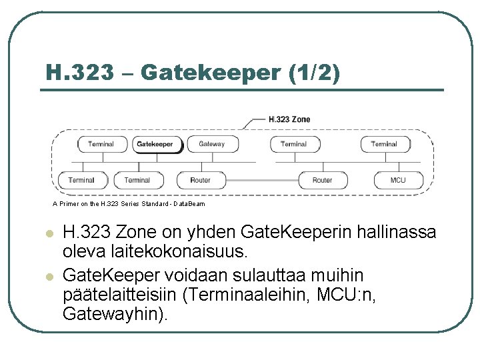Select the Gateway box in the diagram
click(211, 144)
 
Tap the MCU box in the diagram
click(398, 180)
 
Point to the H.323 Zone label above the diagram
click(289, 119)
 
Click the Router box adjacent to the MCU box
click(322, 180)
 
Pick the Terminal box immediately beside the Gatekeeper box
click(101, 144)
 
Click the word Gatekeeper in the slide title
click(212, 72)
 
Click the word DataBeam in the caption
click(191, 204)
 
